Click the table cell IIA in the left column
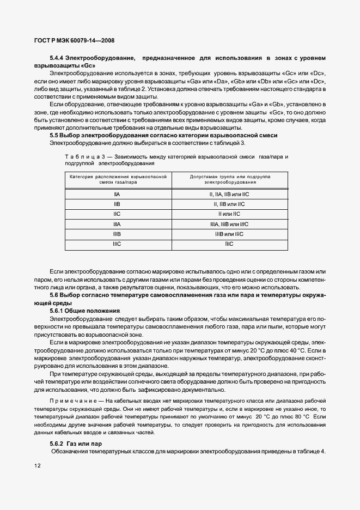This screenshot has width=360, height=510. [118, 195]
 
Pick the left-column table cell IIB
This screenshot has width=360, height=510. [118, 204]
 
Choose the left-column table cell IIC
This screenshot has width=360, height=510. [118, 214]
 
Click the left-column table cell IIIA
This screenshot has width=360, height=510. [118, 224]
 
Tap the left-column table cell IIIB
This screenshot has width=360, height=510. [118, 234]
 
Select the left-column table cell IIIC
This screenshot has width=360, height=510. [118, 244]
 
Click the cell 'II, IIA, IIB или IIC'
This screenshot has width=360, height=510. [229, 195]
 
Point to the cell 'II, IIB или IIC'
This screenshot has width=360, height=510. [229, 204]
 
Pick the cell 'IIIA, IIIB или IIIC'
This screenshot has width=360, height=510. [229, 224]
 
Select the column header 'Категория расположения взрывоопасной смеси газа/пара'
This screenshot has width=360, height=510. [118, 180]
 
